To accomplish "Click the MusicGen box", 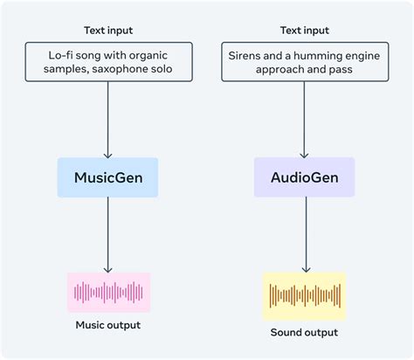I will coord(107,177).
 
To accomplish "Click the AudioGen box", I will coord(304,177).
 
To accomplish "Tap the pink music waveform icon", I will coord(108,292).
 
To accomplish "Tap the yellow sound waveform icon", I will coord(304,295).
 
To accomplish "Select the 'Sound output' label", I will coord(304,332).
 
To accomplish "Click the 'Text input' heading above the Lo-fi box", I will coord(108,31).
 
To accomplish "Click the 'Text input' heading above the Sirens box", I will coord(304,31).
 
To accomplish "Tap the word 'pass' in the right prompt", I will coord(342,69).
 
